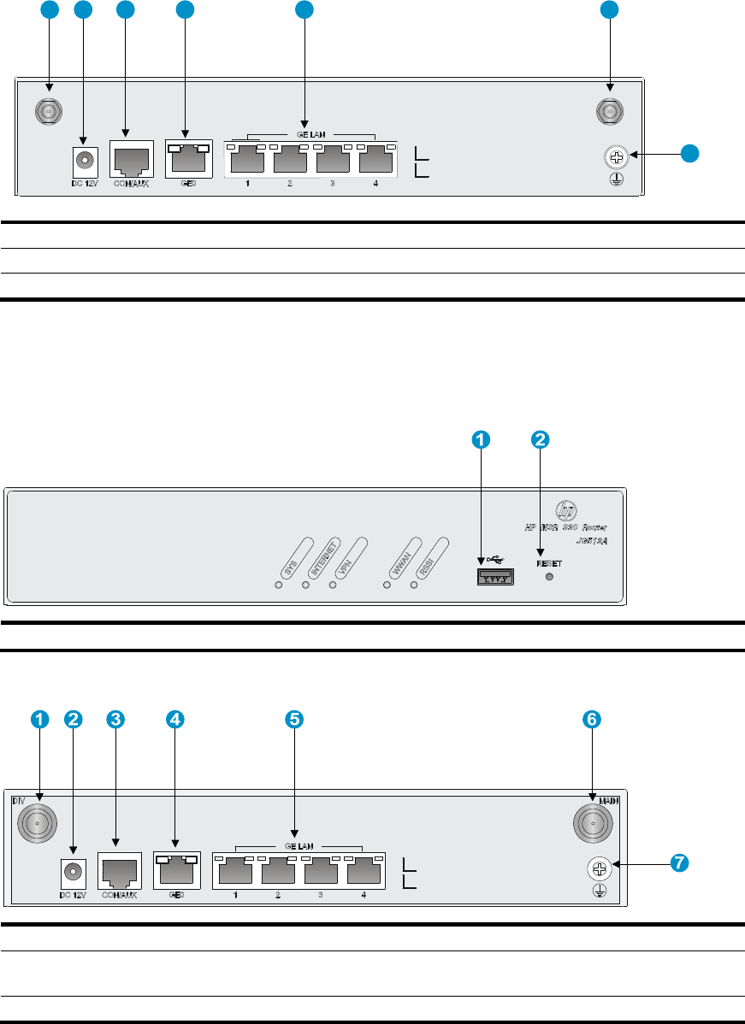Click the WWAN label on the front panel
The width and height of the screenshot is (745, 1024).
[399, 561]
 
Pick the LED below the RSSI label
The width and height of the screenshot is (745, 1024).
[415, 586]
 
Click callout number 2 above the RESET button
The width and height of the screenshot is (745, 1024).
[540, 439]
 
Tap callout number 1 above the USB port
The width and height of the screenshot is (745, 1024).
[482, 439]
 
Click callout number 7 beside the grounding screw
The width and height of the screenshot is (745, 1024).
[678, 863]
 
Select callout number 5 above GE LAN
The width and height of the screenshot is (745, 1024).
[294, 720]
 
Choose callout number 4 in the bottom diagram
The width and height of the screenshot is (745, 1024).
[175, 720]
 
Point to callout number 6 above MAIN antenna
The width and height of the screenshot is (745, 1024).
[592, 720]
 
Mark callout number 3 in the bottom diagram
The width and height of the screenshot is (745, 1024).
[115, 720]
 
